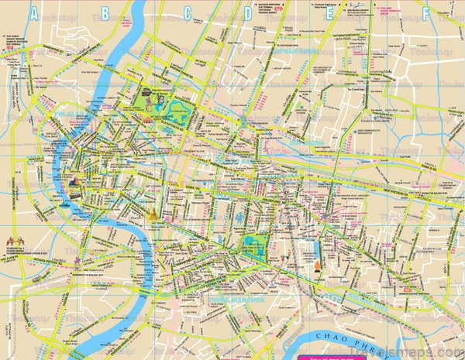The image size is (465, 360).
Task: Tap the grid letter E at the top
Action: tap(330, 12)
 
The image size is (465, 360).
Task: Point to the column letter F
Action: tap(425, 12)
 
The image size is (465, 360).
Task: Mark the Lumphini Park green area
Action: tap(253, 245)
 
